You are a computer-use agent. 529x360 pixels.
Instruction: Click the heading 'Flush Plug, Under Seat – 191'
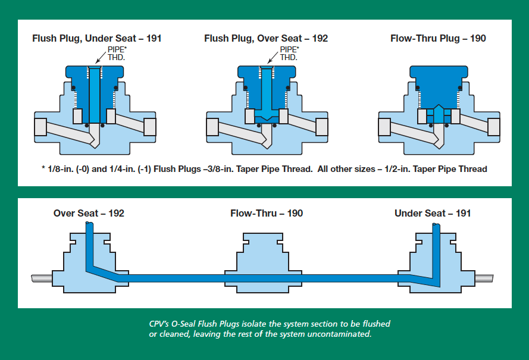[x=96, y=39]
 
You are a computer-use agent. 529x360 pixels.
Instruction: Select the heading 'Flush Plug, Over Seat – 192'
[x=266, y=39]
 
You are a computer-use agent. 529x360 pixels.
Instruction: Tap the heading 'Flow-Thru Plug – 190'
[x=438, y=39]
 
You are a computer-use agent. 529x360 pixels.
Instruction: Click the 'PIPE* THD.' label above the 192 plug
[x=289, y=54]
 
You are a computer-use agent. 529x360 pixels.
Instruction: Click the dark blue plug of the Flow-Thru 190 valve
[x=437, y=83]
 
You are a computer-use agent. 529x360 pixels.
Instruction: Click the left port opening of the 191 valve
[x=41, y=127]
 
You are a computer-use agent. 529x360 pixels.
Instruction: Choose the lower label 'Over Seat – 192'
[x=89, y=213]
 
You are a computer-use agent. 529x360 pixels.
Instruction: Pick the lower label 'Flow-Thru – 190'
[x=267, y=213]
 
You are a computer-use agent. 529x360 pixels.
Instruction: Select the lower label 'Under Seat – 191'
[x=433, y=213]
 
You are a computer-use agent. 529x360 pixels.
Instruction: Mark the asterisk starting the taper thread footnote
[x=43, y=168]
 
